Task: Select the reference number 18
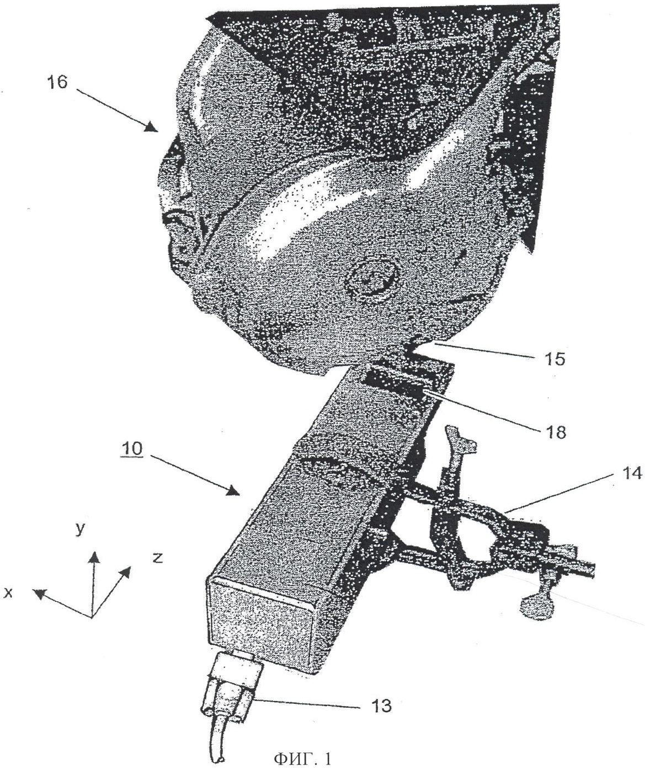coord(555,432)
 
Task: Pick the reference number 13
coord(380,706)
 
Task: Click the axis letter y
coord(80,530)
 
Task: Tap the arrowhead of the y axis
coord(95,558)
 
